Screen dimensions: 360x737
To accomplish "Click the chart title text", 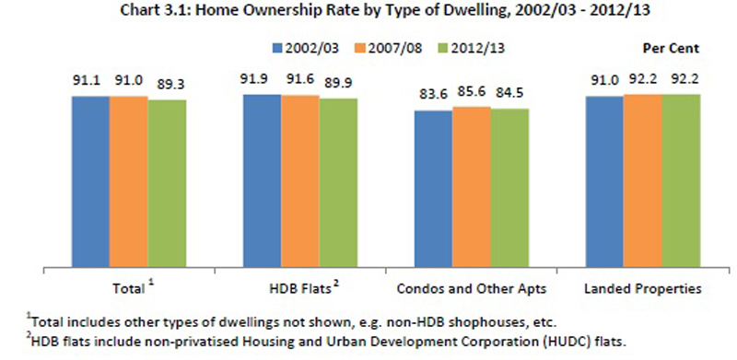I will (368, 13).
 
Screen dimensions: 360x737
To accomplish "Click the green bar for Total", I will (167, 184).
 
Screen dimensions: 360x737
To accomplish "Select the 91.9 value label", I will (263, 78).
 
